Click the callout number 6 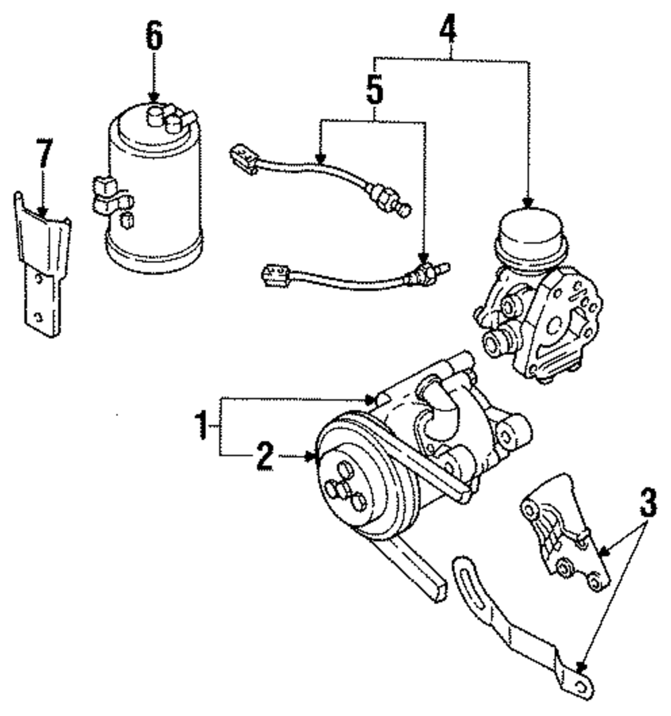coord(154,38)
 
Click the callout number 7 coord(44,155)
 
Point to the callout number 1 coord(199,425)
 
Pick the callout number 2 coord(264,458)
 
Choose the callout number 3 coord(646,502)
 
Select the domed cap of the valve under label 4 coord(531,228)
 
